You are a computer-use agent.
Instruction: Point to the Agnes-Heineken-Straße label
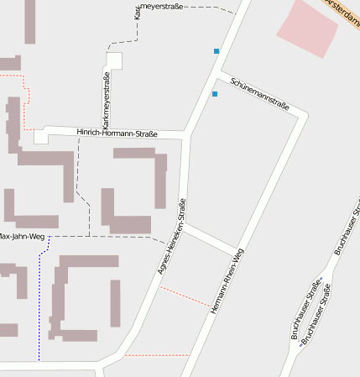(x=171, y=236)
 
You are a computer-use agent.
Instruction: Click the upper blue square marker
(x=217, y=51)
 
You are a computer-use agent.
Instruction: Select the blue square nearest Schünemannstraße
(x=215, y=94)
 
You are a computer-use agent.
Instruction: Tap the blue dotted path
(x=39, y=302)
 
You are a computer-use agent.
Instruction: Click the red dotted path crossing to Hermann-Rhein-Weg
(x=185, y=296)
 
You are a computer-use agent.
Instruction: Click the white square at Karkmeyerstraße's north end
(x=113, y=61)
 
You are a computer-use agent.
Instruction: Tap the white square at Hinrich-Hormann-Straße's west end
(x=40, y=137)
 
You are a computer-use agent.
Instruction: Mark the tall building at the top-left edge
(x=30, y=21)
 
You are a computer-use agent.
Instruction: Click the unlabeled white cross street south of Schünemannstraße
(x=211, y=238)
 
